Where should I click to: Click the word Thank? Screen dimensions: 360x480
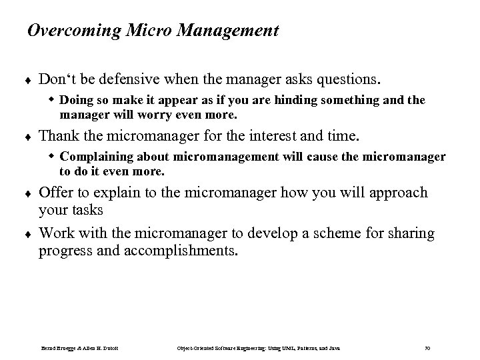click(57, 137)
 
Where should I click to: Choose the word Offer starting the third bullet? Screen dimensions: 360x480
click(56, 193)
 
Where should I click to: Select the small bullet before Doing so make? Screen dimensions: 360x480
click(52, 100)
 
